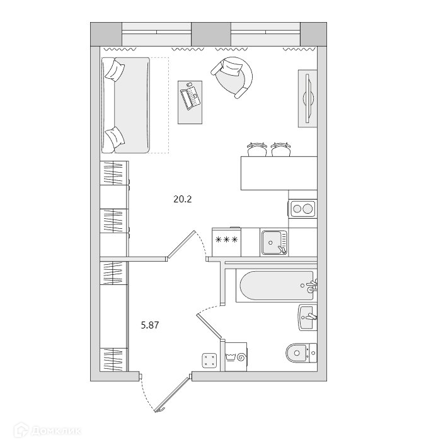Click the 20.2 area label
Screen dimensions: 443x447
pyautogui.click(x=182, y=199)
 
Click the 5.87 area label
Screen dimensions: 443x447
pyautogui.click(x=150, y=325)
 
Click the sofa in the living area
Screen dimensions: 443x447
pyautogui.click(x=127, y=105)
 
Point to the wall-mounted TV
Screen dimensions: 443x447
pyautogui.click(x=307, y=98)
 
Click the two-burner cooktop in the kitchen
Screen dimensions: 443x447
pyautogui.click(x=302, y=208)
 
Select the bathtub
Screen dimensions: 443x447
pyautogui.click(x=274, y=287)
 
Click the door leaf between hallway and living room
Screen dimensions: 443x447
pyautogui.click(x=181, y=245)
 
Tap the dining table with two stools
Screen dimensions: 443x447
pyautogui.click(x=277, y=173)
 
